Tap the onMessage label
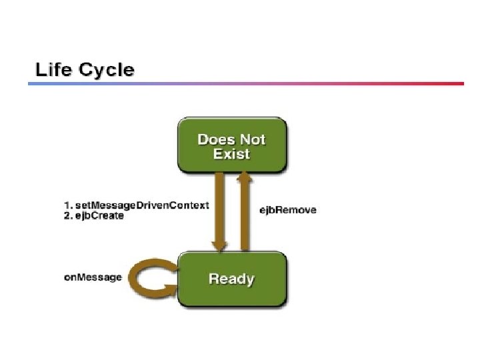(93, 277)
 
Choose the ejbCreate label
(99, 216)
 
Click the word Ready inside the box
(231, 278)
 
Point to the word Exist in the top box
(231, 154)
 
